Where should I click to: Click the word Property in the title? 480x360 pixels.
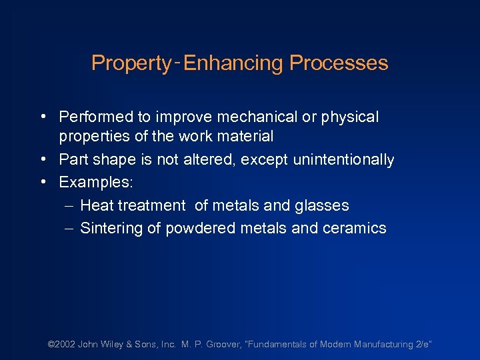coord(131,63)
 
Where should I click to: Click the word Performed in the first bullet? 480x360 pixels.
coord(96,117)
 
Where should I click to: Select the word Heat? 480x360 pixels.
coord(96,206)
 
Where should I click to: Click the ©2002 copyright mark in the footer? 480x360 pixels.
coord(61,344)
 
